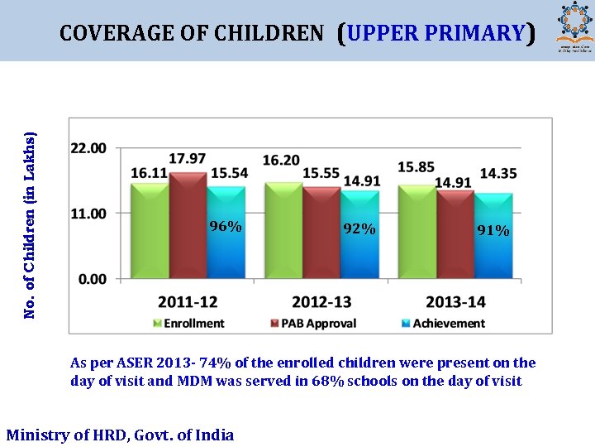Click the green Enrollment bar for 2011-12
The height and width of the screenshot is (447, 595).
(x=150, y=232)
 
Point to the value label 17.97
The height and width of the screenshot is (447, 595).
(x=188, y=158)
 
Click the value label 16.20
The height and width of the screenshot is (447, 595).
(x=281, y=160)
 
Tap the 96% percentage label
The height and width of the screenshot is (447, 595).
(x=226, y=227)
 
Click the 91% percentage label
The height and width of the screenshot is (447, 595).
(x=493, y=231)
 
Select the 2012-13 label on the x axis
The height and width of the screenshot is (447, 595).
(x=321, y=302)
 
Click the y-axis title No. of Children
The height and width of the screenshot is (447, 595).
(x=30, y=224)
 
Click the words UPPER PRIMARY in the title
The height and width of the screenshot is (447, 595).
(x=436, y=33)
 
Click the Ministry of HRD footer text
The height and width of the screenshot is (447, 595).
(x=120, y=435)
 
